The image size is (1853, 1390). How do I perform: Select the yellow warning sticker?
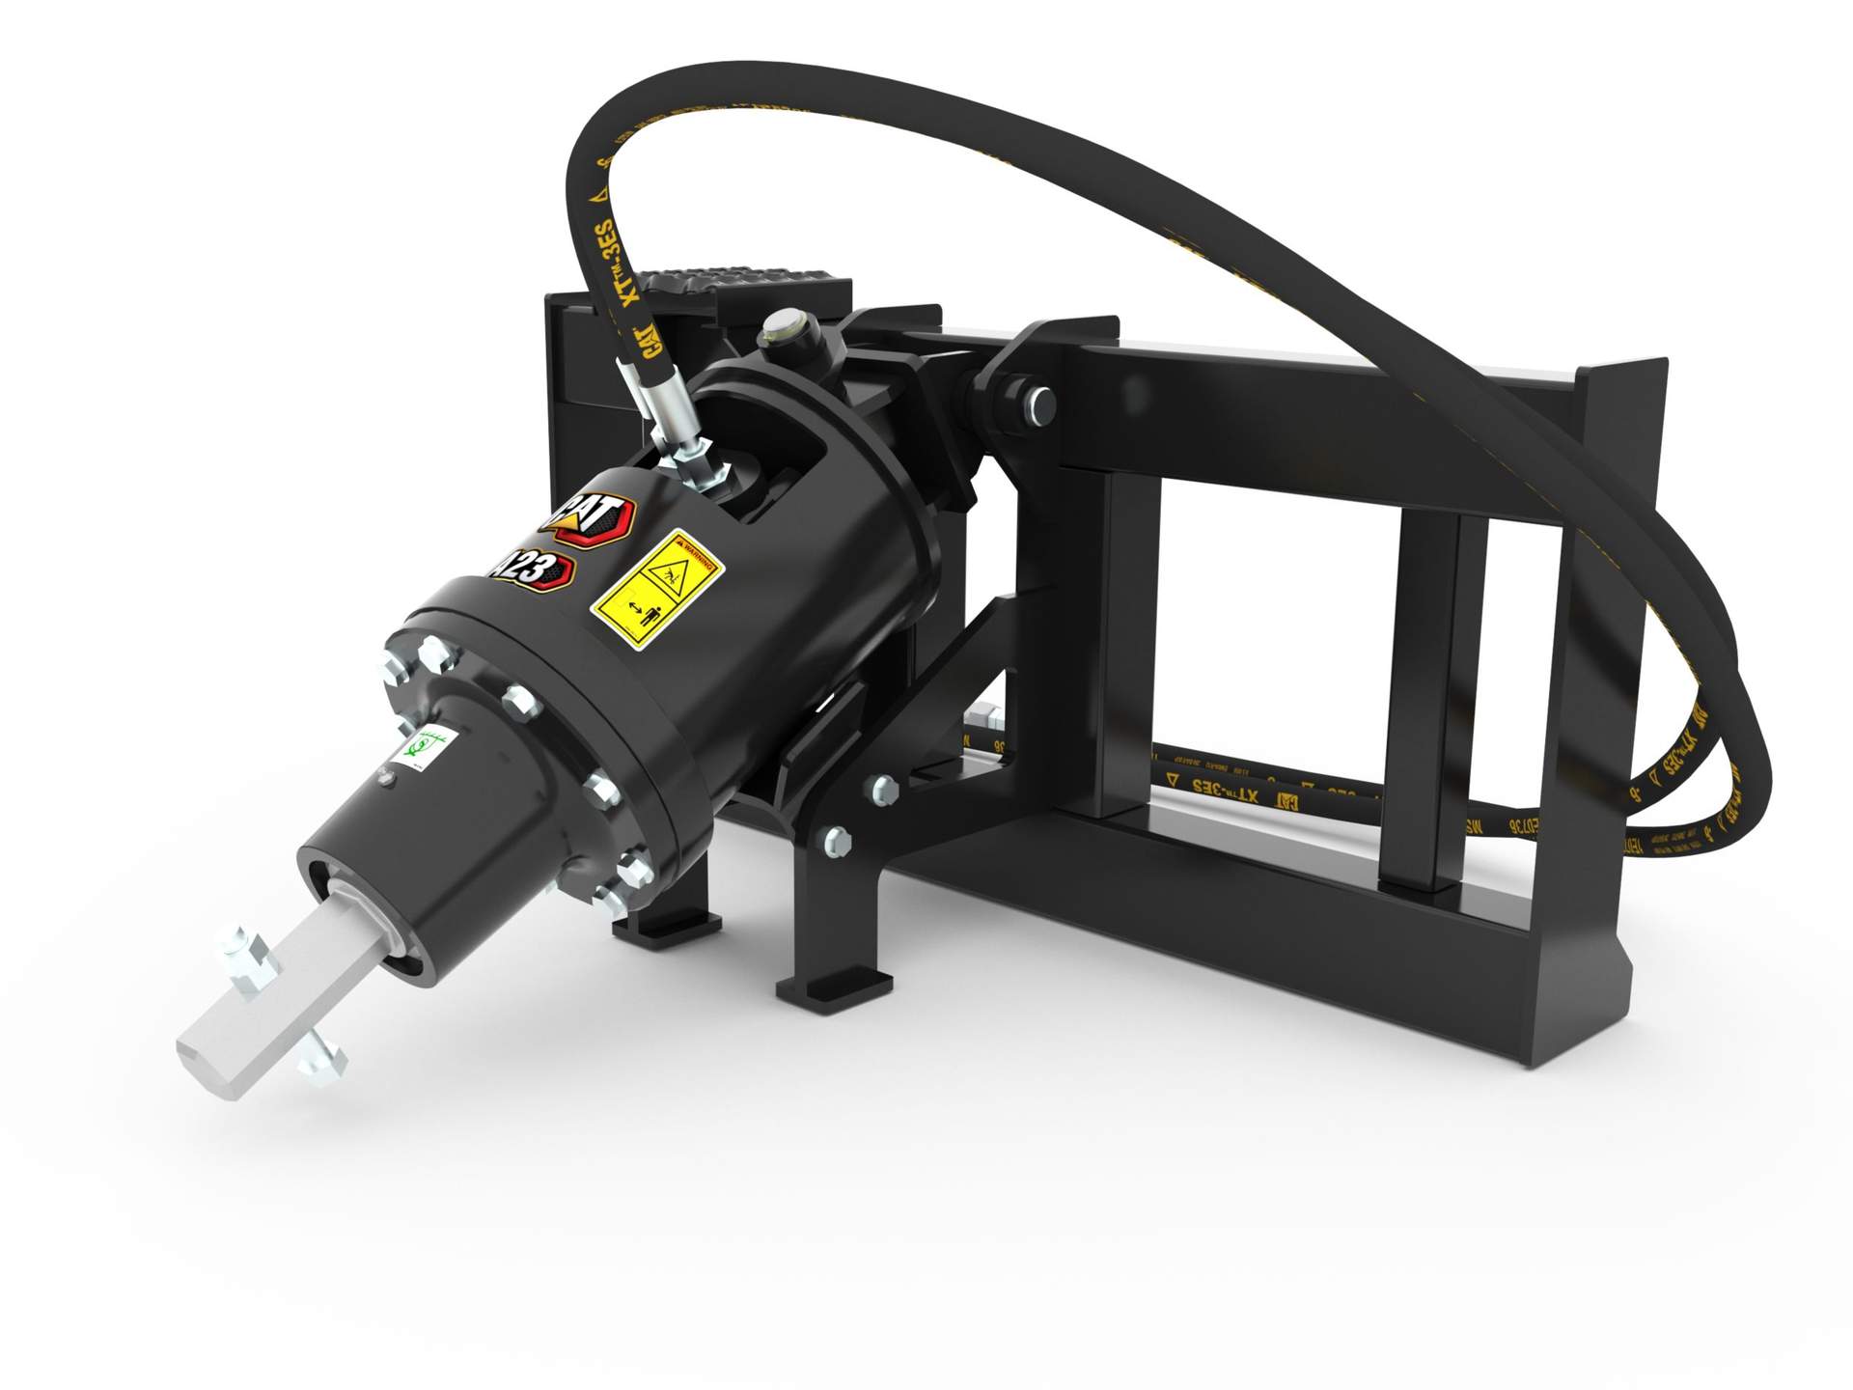(x=657, y=589)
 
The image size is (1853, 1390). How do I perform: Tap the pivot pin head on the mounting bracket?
(x=1039, y=403)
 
